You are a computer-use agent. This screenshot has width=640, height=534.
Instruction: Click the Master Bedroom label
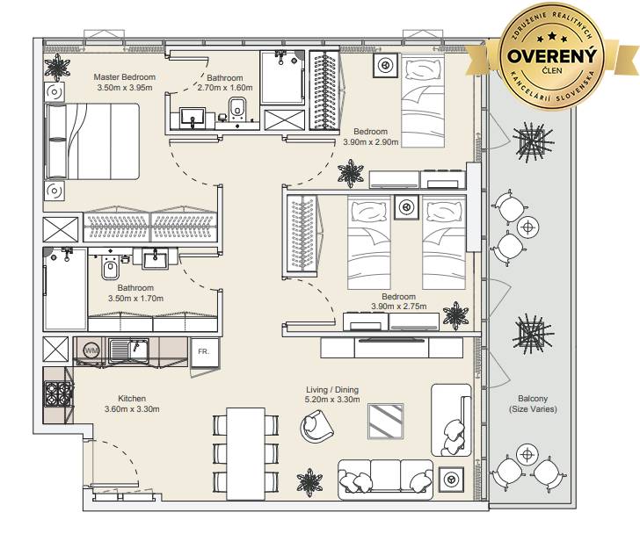coord(125,77)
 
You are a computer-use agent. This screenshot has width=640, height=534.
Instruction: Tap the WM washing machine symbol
coord(91,350)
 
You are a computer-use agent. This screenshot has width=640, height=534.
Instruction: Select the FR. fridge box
coord(205,351)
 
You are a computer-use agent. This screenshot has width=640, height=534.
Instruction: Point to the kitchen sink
coord(128,350)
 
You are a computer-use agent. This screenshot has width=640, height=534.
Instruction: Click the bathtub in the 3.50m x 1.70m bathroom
coord(65,289)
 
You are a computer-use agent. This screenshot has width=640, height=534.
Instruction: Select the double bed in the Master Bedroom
coord(92,141)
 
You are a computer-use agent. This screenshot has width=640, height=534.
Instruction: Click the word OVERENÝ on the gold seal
coord(552,56)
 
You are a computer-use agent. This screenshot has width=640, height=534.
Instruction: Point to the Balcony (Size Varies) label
coord(533,403)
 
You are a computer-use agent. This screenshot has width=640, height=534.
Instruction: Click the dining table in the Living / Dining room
coord(246,453)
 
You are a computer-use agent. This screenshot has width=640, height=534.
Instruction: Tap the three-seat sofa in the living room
coord(385,480)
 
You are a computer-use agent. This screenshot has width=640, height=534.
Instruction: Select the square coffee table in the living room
coord(386,421)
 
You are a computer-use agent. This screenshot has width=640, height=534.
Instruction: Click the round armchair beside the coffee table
coord(316,426)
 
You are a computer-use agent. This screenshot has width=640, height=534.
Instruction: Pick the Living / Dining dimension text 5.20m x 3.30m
coord(332,400)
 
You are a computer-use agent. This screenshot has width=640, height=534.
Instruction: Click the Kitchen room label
coord(132,398)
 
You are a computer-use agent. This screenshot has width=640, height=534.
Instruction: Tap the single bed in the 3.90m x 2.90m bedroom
coord(423,101)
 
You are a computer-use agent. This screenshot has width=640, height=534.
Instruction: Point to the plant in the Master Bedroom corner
coord(57,68)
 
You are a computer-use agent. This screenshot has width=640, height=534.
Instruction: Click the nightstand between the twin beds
coord(406,207)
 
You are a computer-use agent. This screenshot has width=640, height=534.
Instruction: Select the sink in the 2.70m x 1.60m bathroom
coord(193,118)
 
